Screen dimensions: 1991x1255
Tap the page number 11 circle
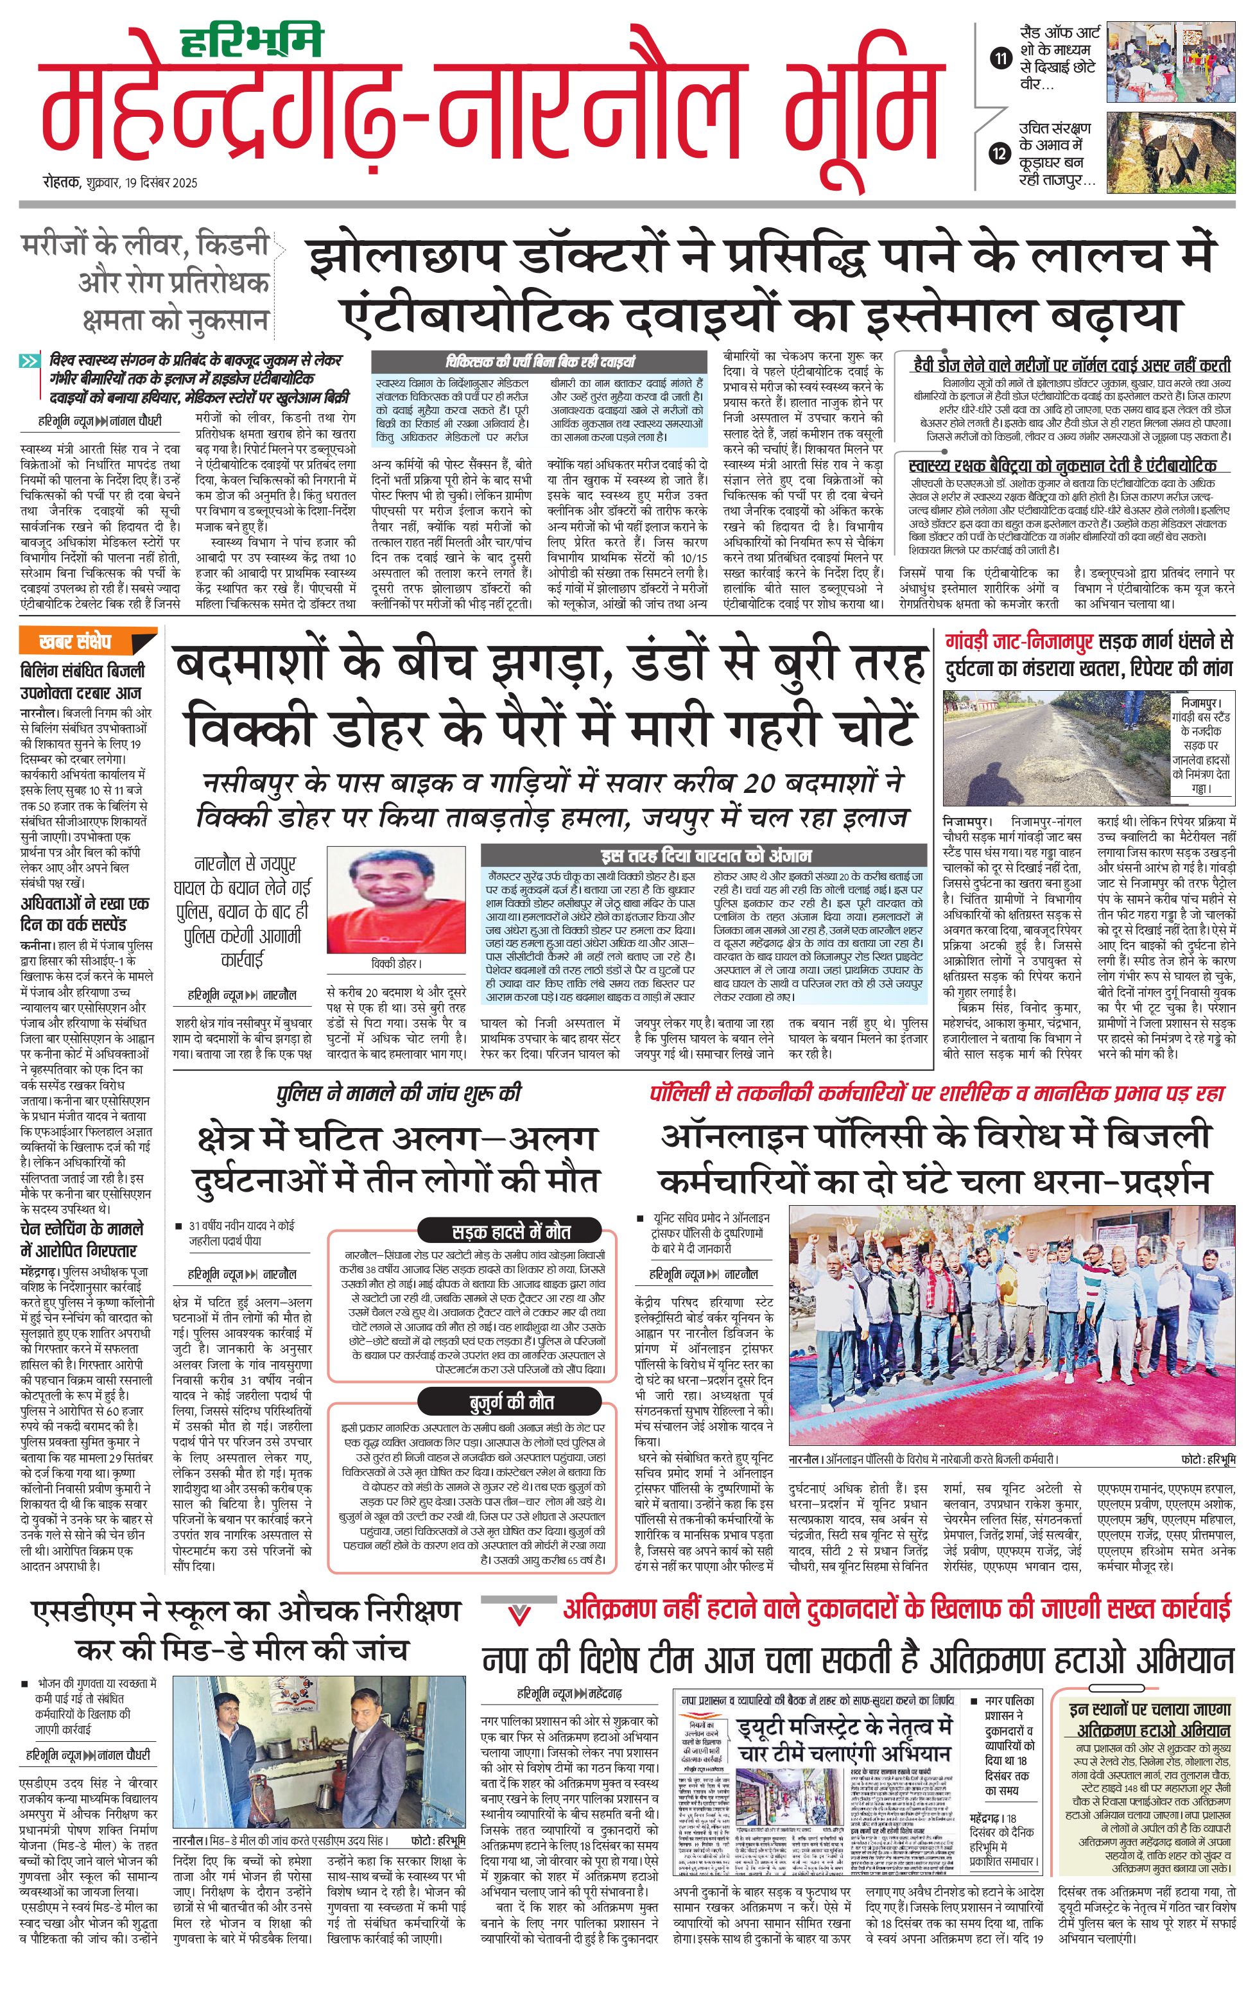coord(1000,58)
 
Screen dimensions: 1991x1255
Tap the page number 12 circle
coord(1000,153)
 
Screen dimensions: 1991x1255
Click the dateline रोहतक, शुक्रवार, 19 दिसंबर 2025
coord(121,183)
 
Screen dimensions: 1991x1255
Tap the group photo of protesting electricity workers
coord(1012,1325)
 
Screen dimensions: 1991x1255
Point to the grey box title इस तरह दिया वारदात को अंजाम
coord(704,856)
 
